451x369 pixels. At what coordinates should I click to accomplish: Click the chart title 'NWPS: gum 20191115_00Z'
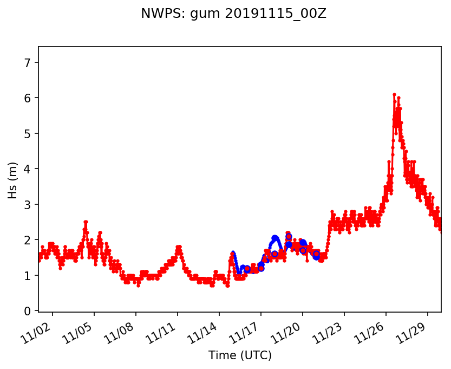tap(233, 14)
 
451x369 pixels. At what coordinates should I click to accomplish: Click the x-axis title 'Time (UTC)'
tap(240, 355)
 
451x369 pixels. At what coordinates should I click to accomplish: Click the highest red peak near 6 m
tap(394, 95)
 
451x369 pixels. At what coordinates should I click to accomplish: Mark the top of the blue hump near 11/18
tap(275, 237)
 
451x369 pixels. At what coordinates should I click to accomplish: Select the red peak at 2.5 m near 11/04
tap(86, 222)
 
